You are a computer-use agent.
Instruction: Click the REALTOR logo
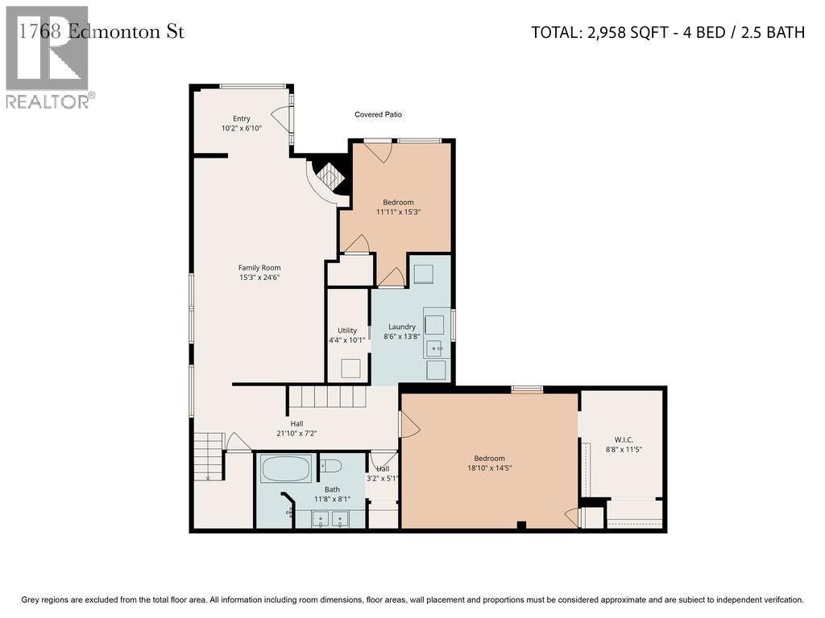(50, 57)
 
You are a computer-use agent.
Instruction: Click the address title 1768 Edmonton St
(101, 31)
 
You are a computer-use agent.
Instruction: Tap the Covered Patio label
(378, 114)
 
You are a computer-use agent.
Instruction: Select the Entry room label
(242, 119)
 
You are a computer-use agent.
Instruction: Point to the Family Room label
(259, 267)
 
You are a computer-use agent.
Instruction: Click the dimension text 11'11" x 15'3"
(398, 212)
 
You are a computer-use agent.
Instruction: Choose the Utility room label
(347, 331)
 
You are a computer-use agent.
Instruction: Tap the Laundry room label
(402, 327)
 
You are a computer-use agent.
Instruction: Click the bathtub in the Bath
(286, 468)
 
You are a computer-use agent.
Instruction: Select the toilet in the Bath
(331, 466)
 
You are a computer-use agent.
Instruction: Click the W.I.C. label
(624, 440)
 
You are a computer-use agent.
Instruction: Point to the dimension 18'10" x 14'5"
(489, 468)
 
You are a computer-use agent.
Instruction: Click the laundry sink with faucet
(434, 348)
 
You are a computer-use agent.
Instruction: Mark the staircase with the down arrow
(209, 456)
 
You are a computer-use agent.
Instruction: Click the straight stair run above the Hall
(327, 397)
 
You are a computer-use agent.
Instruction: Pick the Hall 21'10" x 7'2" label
(296, 428)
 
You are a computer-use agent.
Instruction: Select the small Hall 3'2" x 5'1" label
(383, 473)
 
